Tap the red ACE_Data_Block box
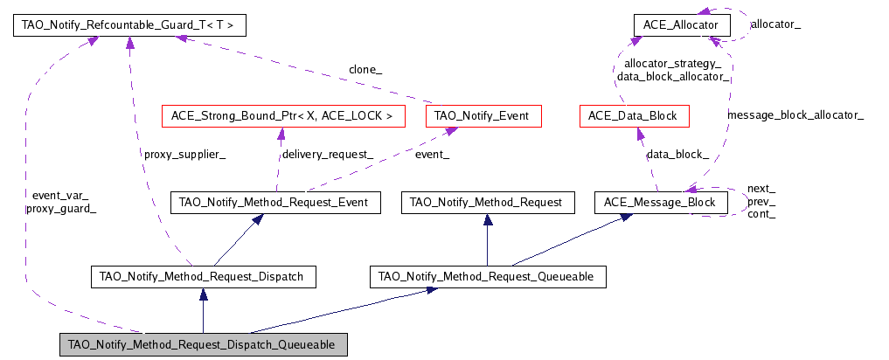pyautogui.click(x=635, y=115)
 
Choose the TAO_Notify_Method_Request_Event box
pyautogui.click(x=275, y=203)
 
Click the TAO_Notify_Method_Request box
pyautogui.click(x=488, y=203)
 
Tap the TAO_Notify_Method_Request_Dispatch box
pyautogui.click(x=203, y=277)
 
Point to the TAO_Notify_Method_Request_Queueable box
pyautogui.click(x=487, y=277)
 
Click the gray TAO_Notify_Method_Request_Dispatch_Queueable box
pyautogui.click(x=203, y=345)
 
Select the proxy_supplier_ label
pyautogui.click(x=185, y=155)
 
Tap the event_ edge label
pyautogui.click(x=433, y=155)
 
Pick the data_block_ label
pyautogui.click(x=677, y=155)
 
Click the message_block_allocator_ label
pyautogui.click(x=795, y=114)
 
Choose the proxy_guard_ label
pyautogui.click(x=60, y=209)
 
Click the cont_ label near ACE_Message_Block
pyautogui.click(x=761, y=214)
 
